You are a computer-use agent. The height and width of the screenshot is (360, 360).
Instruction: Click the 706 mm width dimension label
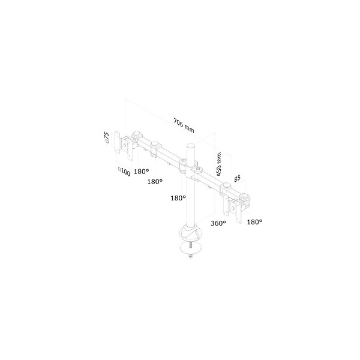184,125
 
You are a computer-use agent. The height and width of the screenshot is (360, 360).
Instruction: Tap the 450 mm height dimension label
218,164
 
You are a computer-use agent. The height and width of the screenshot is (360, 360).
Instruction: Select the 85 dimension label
237,178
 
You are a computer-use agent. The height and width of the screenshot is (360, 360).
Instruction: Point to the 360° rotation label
218,223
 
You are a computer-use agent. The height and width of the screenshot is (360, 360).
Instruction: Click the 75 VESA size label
107,137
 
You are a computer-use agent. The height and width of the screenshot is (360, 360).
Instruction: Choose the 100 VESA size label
125,172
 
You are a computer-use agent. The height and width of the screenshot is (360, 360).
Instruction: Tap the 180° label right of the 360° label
254,222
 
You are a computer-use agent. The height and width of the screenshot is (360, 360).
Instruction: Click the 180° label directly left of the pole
178,197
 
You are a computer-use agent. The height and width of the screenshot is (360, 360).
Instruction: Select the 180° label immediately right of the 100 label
142,171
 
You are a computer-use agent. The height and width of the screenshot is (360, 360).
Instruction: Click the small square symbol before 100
119,169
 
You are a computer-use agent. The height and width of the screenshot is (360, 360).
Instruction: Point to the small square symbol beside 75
107,142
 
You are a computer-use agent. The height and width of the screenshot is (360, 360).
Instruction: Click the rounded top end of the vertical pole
191,145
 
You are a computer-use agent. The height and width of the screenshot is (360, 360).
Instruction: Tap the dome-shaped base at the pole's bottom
191,232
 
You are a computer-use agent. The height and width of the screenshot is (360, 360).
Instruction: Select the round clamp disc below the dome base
191,248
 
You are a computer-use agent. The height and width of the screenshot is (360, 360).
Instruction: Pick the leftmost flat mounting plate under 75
117,142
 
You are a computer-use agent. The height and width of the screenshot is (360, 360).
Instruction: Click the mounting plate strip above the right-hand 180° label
239,212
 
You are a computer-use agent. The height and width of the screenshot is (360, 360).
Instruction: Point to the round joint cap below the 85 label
226,185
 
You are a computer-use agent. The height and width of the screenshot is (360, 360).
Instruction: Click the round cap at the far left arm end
137,133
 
